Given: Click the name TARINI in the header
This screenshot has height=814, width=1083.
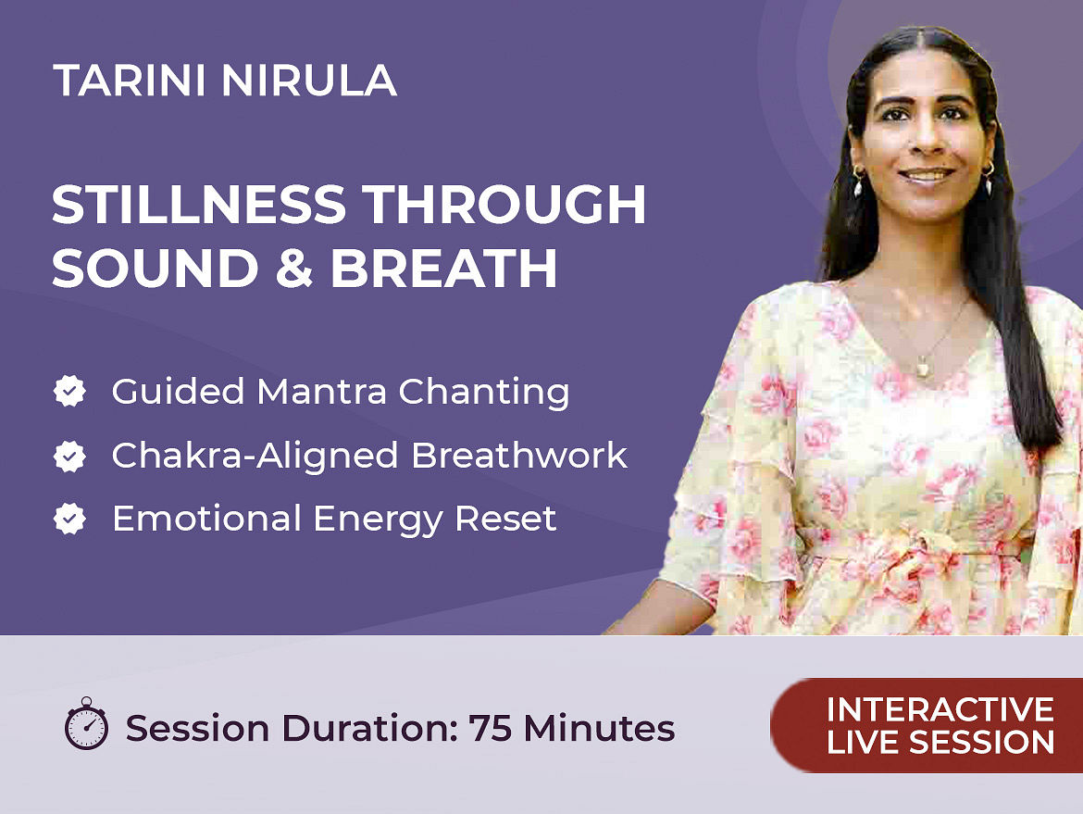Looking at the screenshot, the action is (x=130, y=81).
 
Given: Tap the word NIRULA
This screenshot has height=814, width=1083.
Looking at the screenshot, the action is (x=309, y=81).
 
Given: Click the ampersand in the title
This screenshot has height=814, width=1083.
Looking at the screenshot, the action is (x=294, y=269).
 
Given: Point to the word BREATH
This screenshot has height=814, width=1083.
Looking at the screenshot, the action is (x=444, y=269).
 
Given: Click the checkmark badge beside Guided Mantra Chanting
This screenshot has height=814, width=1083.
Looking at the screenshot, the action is (x=69, y=391).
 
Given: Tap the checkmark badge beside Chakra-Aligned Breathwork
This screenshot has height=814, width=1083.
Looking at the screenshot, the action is (x=69, y=456).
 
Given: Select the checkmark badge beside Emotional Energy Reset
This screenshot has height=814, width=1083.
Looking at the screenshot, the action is (x=69, y=519).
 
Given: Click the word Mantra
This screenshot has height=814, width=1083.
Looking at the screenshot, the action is (x=322, y=392).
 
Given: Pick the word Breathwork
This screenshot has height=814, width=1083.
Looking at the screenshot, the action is (x=519, y=456).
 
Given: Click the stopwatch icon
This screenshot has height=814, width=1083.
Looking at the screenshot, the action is (x=86, y=723).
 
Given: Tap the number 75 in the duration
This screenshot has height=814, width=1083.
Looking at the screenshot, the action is (x=491, y=728).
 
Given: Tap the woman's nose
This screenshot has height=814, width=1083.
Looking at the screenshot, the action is (x=924, y=140).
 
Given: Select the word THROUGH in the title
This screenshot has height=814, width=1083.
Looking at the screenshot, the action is (x=504, y=205).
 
